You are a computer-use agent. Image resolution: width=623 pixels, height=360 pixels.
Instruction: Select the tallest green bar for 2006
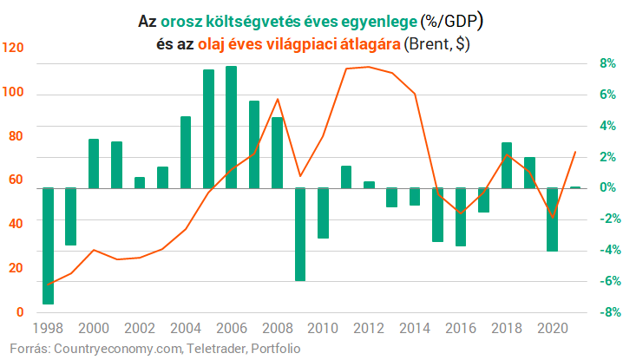click(x=231, y=127)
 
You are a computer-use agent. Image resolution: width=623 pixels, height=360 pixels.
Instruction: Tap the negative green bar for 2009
click(x=299, y=234)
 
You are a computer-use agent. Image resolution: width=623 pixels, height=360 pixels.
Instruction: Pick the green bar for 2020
click(x=552, y=219)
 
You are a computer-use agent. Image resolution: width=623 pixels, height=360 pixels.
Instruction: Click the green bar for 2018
click(x=507, y=165)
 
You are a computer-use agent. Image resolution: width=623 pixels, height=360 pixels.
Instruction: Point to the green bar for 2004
click(x=186, y=152)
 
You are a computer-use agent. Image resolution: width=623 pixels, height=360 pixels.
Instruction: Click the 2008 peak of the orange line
click(x=277, y=99)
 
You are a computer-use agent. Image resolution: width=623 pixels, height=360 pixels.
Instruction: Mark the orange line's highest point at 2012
click(x=368, y=67)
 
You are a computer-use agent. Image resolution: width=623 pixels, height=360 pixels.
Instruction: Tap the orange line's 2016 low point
click(x=461, y=213)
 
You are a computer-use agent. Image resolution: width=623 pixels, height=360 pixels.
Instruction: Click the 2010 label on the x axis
click(x=322, y=328)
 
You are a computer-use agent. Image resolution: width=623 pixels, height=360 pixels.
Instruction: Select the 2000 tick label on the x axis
click(x=94, y=328)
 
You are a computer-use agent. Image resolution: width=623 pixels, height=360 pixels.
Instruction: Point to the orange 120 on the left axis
click(x=14, y=49)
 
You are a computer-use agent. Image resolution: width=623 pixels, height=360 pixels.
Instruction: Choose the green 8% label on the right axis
click(x=606, y=63)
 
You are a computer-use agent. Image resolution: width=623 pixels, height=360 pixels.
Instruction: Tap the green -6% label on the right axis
click(x=604, y=281)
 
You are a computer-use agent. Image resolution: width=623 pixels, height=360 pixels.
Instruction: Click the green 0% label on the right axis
click(x=606, y=187)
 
